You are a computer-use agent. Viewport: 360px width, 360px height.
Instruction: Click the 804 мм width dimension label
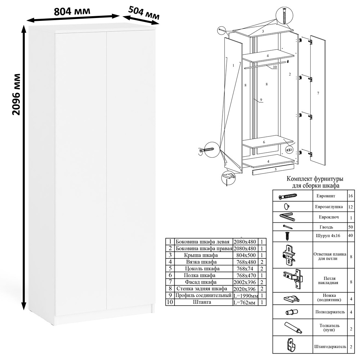72,11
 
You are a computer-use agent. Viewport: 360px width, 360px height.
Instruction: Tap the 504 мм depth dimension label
144,13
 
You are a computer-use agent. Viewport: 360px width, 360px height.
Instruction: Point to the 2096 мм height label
16,94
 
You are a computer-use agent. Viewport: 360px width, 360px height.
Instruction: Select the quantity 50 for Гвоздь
350,227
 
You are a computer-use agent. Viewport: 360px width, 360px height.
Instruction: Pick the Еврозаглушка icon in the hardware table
287,206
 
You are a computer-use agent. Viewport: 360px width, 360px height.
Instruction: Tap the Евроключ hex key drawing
287,217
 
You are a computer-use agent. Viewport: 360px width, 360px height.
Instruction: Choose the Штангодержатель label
330,346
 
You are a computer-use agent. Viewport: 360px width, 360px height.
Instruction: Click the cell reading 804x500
245,255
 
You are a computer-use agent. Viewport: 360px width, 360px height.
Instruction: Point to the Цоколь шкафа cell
202,269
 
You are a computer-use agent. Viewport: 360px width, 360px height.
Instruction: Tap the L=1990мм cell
246,296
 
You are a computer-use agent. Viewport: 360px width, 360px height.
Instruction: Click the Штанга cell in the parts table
202,302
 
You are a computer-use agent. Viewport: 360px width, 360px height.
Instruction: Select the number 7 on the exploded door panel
318,93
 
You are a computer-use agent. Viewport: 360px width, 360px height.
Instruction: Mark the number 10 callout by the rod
275,67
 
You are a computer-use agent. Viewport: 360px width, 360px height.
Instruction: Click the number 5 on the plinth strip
275,170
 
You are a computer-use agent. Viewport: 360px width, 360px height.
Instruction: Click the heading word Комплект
299,179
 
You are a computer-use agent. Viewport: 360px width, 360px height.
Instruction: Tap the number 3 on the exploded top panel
263,31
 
